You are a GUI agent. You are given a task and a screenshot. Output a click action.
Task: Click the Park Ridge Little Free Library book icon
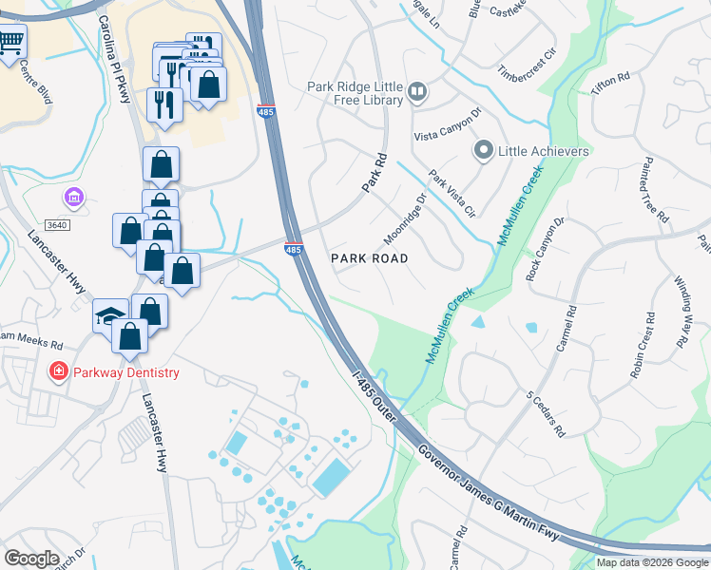[x=418, y=92]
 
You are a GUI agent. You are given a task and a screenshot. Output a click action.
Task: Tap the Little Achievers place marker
[x=484, y=151]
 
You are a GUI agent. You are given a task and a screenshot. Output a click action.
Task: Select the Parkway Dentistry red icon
[x=59, y=371]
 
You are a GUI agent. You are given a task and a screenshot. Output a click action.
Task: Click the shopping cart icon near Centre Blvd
[x=11, y=43]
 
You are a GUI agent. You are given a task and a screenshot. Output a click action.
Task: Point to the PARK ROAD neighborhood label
[x=369, y=258]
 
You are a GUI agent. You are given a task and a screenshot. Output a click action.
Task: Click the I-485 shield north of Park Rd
[x=266, y=112]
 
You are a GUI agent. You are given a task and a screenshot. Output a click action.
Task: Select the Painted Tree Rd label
[x=655, y=189]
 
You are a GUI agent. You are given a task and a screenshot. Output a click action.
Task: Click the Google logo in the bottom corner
[x=31, y=559]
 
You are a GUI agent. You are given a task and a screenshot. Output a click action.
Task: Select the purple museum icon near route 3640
[x=73, y=199]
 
